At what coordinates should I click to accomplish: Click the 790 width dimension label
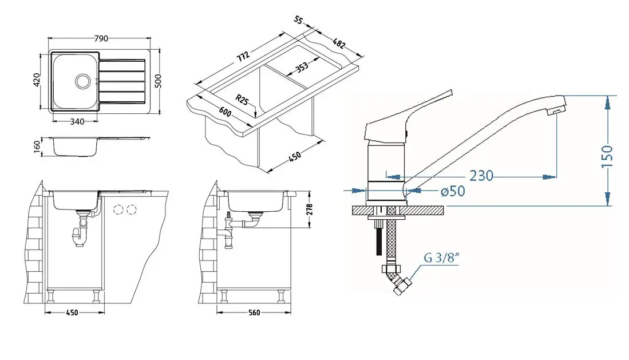click(x=101, y=38)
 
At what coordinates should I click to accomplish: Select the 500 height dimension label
click(x=159, y=81)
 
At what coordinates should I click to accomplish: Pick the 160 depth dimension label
click(x=37, y=147)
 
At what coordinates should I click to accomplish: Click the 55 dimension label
click(x=299, y=20)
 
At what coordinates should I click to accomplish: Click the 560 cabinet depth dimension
click(x=254, y=312)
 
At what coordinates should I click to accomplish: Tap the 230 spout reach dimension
click(x=481, y=176)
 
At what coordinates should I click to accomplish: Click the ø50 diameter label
click(x=453, y=191)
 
